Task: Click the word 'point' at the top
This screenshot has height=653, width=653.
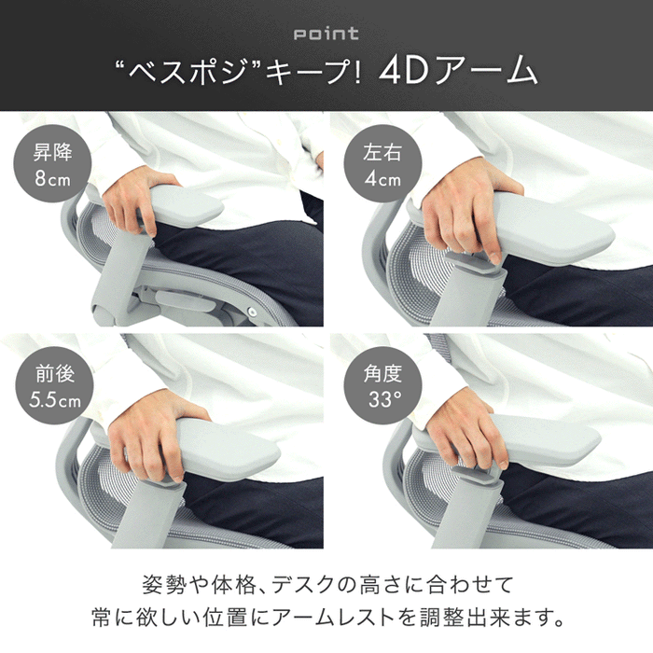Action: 326,35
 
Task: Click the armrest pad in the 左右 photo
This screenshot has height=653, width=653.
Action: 550,229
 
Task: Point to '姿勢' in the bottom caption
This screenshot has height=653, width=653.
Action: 161,585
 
